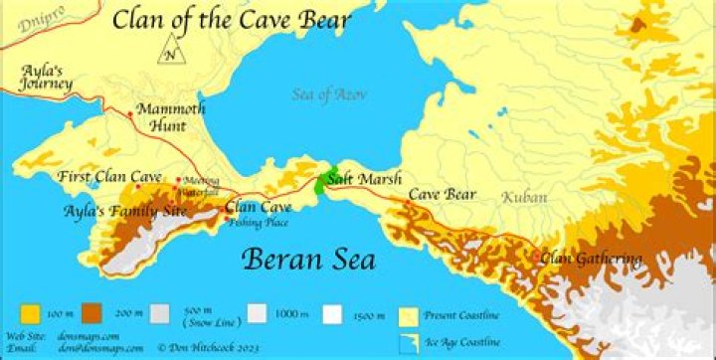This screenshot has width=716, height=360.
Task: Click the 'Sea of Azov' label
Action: coord(330,94)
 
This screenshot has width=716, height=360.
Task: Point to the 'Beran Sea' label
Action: coord(309,261)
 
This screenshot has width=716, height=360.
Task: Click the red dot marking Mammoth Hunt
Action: coord(130,115)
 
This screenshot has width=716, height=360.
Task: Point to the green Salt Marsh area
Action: coord(324,180)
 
